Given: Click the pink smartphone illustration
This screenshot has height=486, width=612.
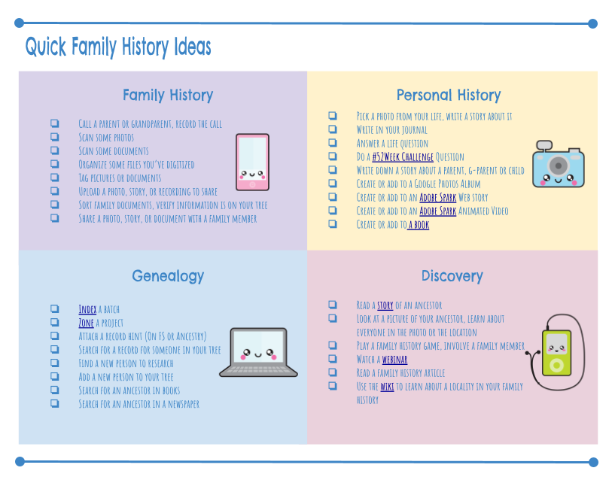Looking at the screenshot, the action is [x=252, y=163].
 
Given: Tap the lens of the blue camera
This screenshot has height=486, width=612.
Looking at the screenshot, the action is [x=559, y=166].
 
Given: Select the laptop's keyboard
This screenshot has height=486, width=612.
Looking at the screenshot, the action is [x=258, y=369].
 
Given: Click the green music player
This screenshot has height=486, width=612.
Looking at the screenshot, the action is [x=556, y=353].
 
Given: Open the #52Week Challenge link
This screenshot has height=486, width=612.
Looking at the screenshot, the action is [x=403, y=156].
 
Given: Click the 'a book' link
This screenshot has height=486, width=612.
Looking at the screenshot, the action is [x=419, y=225].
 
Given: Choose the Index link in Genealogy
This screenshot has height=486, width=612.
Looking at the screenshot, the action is [x=87, y=309].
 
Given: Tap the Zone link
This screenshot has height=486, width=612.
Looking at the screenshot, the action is [x=87, y=323].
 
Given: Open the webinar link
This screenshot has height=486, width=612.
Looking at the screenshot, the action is [x=394, y=360].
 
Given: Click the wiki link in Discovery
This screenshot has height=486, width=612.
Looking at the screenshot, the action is [x=387, y=387].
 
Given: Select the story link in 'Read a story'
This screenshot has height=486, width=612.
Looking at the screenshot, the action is [x=385, y=305].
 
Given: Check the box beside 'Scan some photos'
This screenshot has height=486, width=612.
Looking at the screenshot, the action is [x=55, y=137].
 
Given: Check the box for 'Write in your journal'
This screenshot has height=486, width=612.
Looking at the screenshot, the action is [x=333, y=129].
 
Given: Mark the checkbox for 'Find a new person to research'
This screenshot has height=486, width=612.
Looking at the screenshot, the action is [x=55, y=363].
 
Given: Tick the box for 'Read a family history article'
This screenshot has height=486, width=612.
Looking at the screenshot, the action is [x=333, y=372].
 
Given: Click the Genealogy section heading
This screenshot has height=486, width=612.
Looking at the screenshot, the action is [x=168, y=276].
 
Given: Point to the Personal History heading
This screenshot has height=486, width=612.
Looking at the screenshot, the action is [x=449, y=95].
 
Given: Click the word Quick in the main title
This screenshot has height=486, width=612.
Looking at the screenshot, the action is [x=46, y=47].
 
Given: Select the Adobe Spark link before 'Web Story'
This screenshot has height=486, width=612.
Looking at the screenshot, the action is [x=438, y=197].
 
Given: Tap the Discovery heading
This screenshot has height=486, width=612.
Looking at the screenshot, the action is [x=452, y=276].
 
